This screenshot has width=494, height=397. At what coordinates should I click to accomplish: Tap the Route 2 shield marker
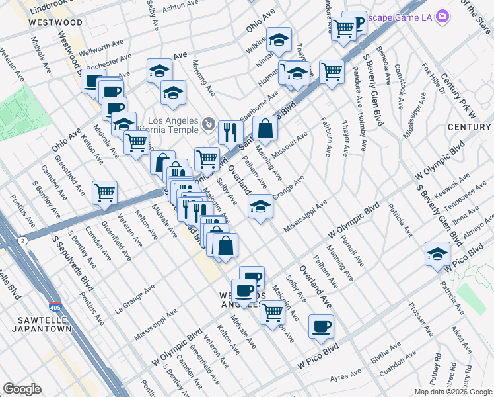tap(24, 240)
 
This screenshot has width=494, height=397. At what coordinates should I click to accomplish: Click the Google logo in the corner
tap(22, 389)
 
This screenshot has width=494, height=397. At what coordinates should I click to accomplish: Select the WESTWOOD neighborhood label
tap(56, 22)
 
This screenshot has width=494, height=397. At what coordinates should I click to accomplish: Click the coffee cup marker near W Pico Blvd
tap(322, 326)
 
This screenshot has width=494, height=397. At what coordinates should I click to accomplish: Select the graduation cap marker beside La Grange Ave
tap(261, 207)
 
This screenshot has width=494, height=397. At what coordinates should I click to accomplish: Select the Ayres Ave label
tap(345, 377)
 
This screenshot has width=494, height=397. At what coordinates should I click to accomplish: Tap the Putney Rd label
tap(439, 375)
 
